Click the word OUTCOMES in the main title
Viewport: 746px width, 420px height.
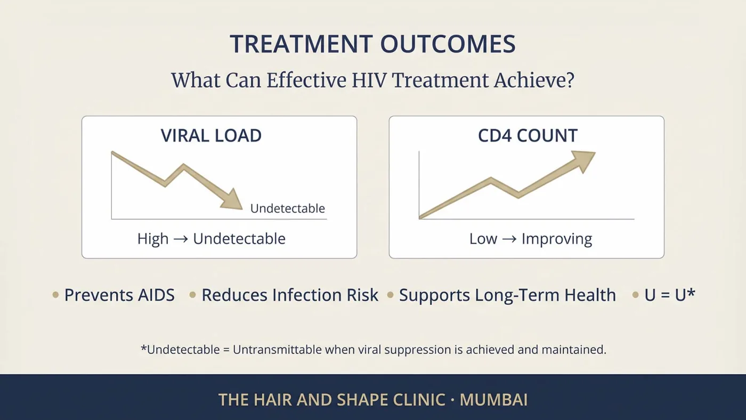(448, 44)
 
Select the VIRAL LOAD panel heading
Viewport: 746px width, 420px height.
(211, 135)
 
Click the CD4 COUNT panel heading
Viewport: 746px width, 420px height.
(528, 135)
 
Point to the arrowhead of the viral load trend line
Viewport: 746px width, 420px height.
(233, 201)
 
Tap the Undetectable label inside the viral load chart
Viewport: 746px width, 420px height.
(287, 208)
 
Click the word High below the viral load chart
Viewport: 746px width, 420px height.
(153, 239)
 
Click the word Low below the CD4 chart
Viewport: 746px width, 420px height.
(483, 239)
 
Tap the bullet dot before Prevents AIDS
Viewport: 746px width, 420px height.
(55, 295)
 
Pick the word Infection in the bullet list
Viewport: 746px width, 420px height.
(307, 295)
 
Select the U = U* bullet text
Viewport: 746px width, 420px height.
(670, 295)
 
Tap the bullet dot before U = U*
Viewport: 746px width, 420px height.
(635, 295)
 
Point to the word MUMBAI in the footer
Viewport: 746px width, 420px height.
(493, 400)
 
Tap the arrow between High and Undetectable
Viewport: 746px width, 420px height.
(181, 239)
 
